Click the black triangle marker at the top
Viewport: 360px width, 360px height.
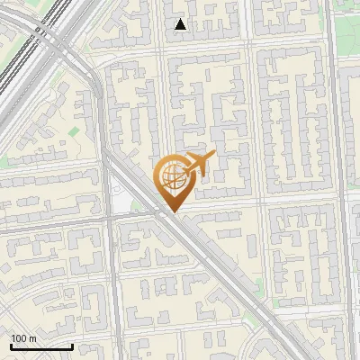tap(181, 24)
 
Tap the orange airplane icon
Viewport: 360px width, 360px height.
tap(199, 164)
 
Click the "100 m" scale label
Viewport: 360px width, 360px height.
tap(24, 338)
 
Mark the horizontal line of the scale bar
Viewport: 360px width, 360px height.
tap(41, 346)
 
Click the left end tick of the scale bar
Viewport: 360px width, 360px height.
tap(10, 345)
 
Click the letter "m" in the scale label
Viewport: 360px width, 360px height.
tap(33, 338)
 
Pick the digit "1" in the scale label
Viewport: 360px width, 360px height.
tap(13, 338)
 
